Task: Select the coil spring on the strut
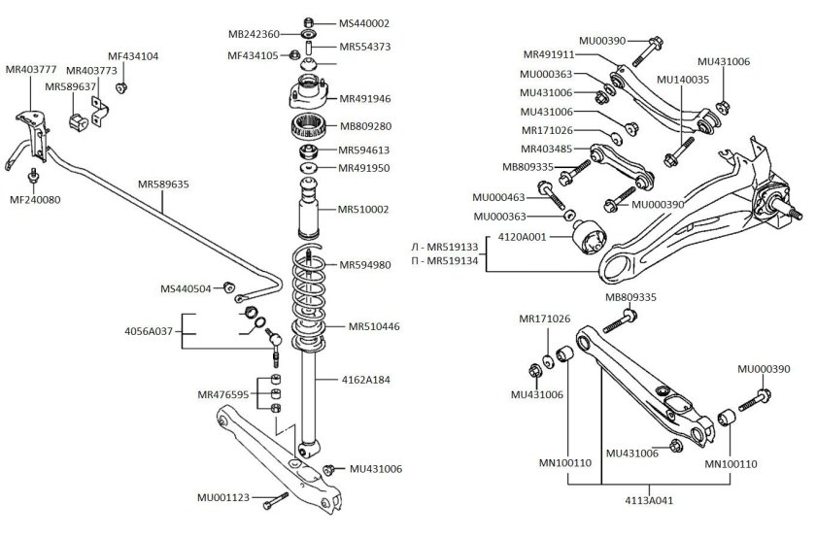310,301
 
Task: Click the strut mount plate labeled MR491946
308,96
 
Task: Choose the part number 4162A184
365,380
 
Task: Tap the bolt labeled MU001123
278,497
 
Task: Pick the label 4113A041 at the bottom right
648,503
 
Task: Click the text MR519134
446,261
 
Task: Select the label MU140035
683,79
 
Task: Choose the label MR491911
551,54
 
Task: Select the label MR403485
548,149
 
